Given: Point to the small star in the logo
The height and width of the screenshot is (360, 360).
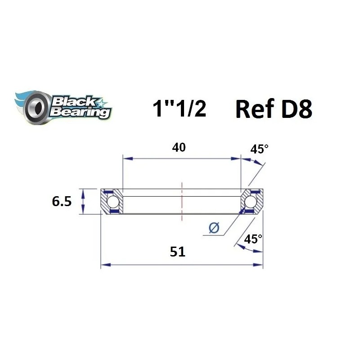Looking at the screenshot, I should point(102,103).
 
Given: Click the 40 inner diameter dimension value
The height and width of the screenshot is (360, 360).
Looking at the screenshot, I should point(179,148).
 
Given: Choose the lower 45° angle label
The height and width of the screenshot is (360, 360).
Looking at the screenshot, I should point(253,238).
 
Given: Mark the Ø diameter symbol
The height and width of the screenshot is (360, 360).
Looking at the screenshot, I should point(214,228).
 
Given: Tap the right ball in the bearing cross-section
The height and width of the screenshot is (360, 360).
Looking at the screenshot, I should point(251,201).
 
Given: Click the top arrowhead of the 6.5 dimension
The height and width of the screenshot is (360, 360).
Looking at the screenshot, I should point(82,192).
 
